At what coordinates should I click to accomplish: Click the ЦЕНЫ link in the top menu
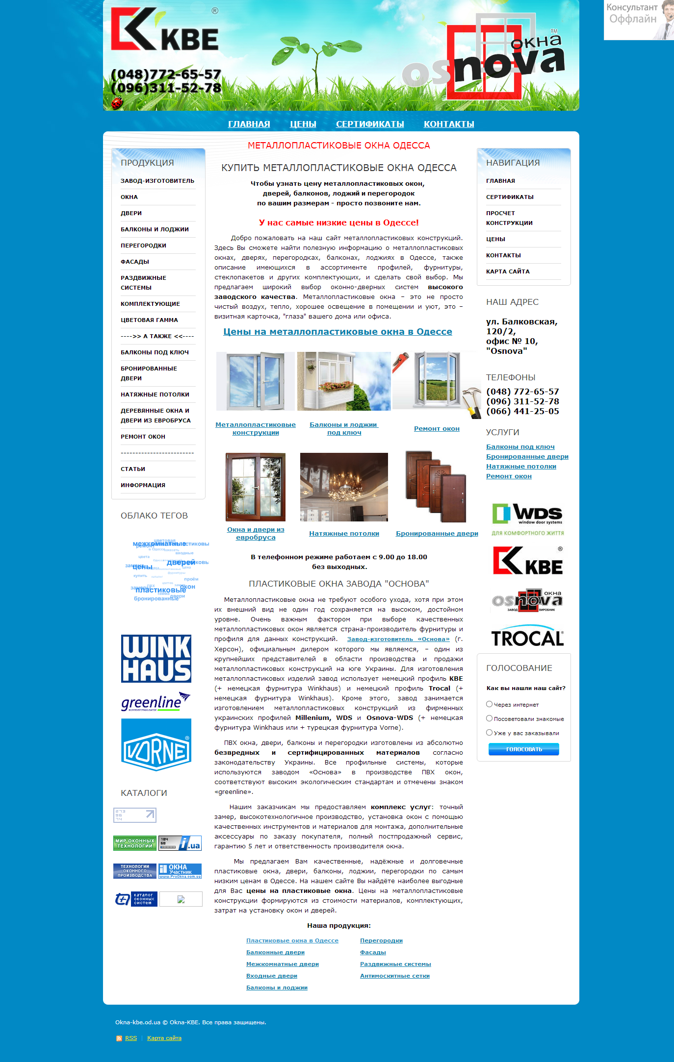[303, 124]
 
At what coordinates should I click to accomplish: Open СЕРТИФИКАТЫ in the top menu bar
[370, 124]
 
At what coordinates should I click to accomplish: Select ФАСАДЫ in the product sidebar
[135, 262]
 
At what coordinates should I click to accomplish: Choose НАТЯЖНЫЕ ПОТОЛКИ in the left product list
[155, 395]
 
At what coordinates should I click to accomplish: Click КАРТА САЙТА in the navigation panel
[508, 272]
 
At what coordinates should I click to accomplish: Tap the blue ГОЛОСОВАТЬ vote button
[523, 749]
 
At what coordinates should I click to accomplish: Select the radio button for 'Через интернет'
[489, 704]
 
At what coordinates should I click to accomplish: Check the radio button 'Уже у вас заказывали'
[489, 733]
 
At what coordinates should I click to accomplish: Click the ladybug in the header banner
[117, 102]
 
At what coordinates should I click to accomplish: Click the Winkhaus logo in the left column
[156, 659]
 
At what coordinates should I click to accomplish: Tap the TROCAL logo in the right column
[527, 637]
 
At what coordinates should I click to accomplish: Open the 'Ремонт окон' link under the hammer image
[437, 429]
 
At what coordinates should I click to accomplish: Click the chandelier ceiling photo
[344, 487]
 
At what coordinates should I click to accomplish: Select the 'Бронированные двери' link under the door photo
[437, 534]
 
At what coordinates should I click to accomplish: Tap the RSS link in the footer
[131, 1038]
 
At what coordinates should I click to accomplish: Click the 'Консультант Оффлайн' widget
[638, 20]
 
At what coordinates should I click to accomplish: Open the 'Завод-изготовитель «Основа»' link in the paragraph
[398, 639]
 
